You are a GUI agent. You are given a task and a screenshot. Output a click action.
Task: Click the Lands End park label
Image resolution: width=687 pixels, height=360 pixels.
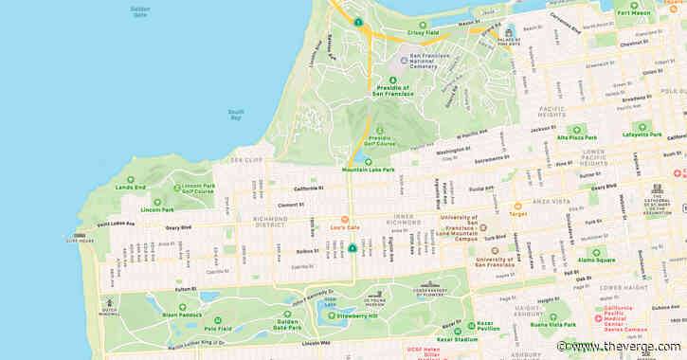pos(131,188)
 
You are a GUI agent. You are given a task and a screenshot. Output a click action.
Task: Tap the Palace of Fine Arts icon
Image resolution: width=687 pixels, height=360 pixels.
pos(509,31)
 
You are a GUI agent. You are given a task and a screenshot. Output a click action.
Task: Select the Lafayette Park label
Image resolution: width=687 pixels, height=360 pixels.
pos(642,135)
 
